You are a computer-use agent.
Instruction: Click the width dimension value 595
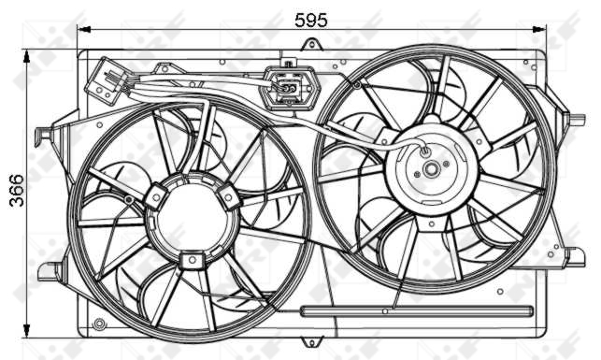coord(310,18)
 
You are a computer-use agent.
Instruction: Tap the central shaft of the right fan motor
coord(431,170)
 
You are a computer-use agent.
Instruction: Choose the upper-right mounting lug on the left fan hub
coord(229,196)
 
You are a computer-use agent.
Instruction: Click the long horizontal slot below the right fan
coord(416,310)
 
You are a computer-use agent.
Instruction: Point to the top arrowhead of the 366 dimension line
coord(28,56)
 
